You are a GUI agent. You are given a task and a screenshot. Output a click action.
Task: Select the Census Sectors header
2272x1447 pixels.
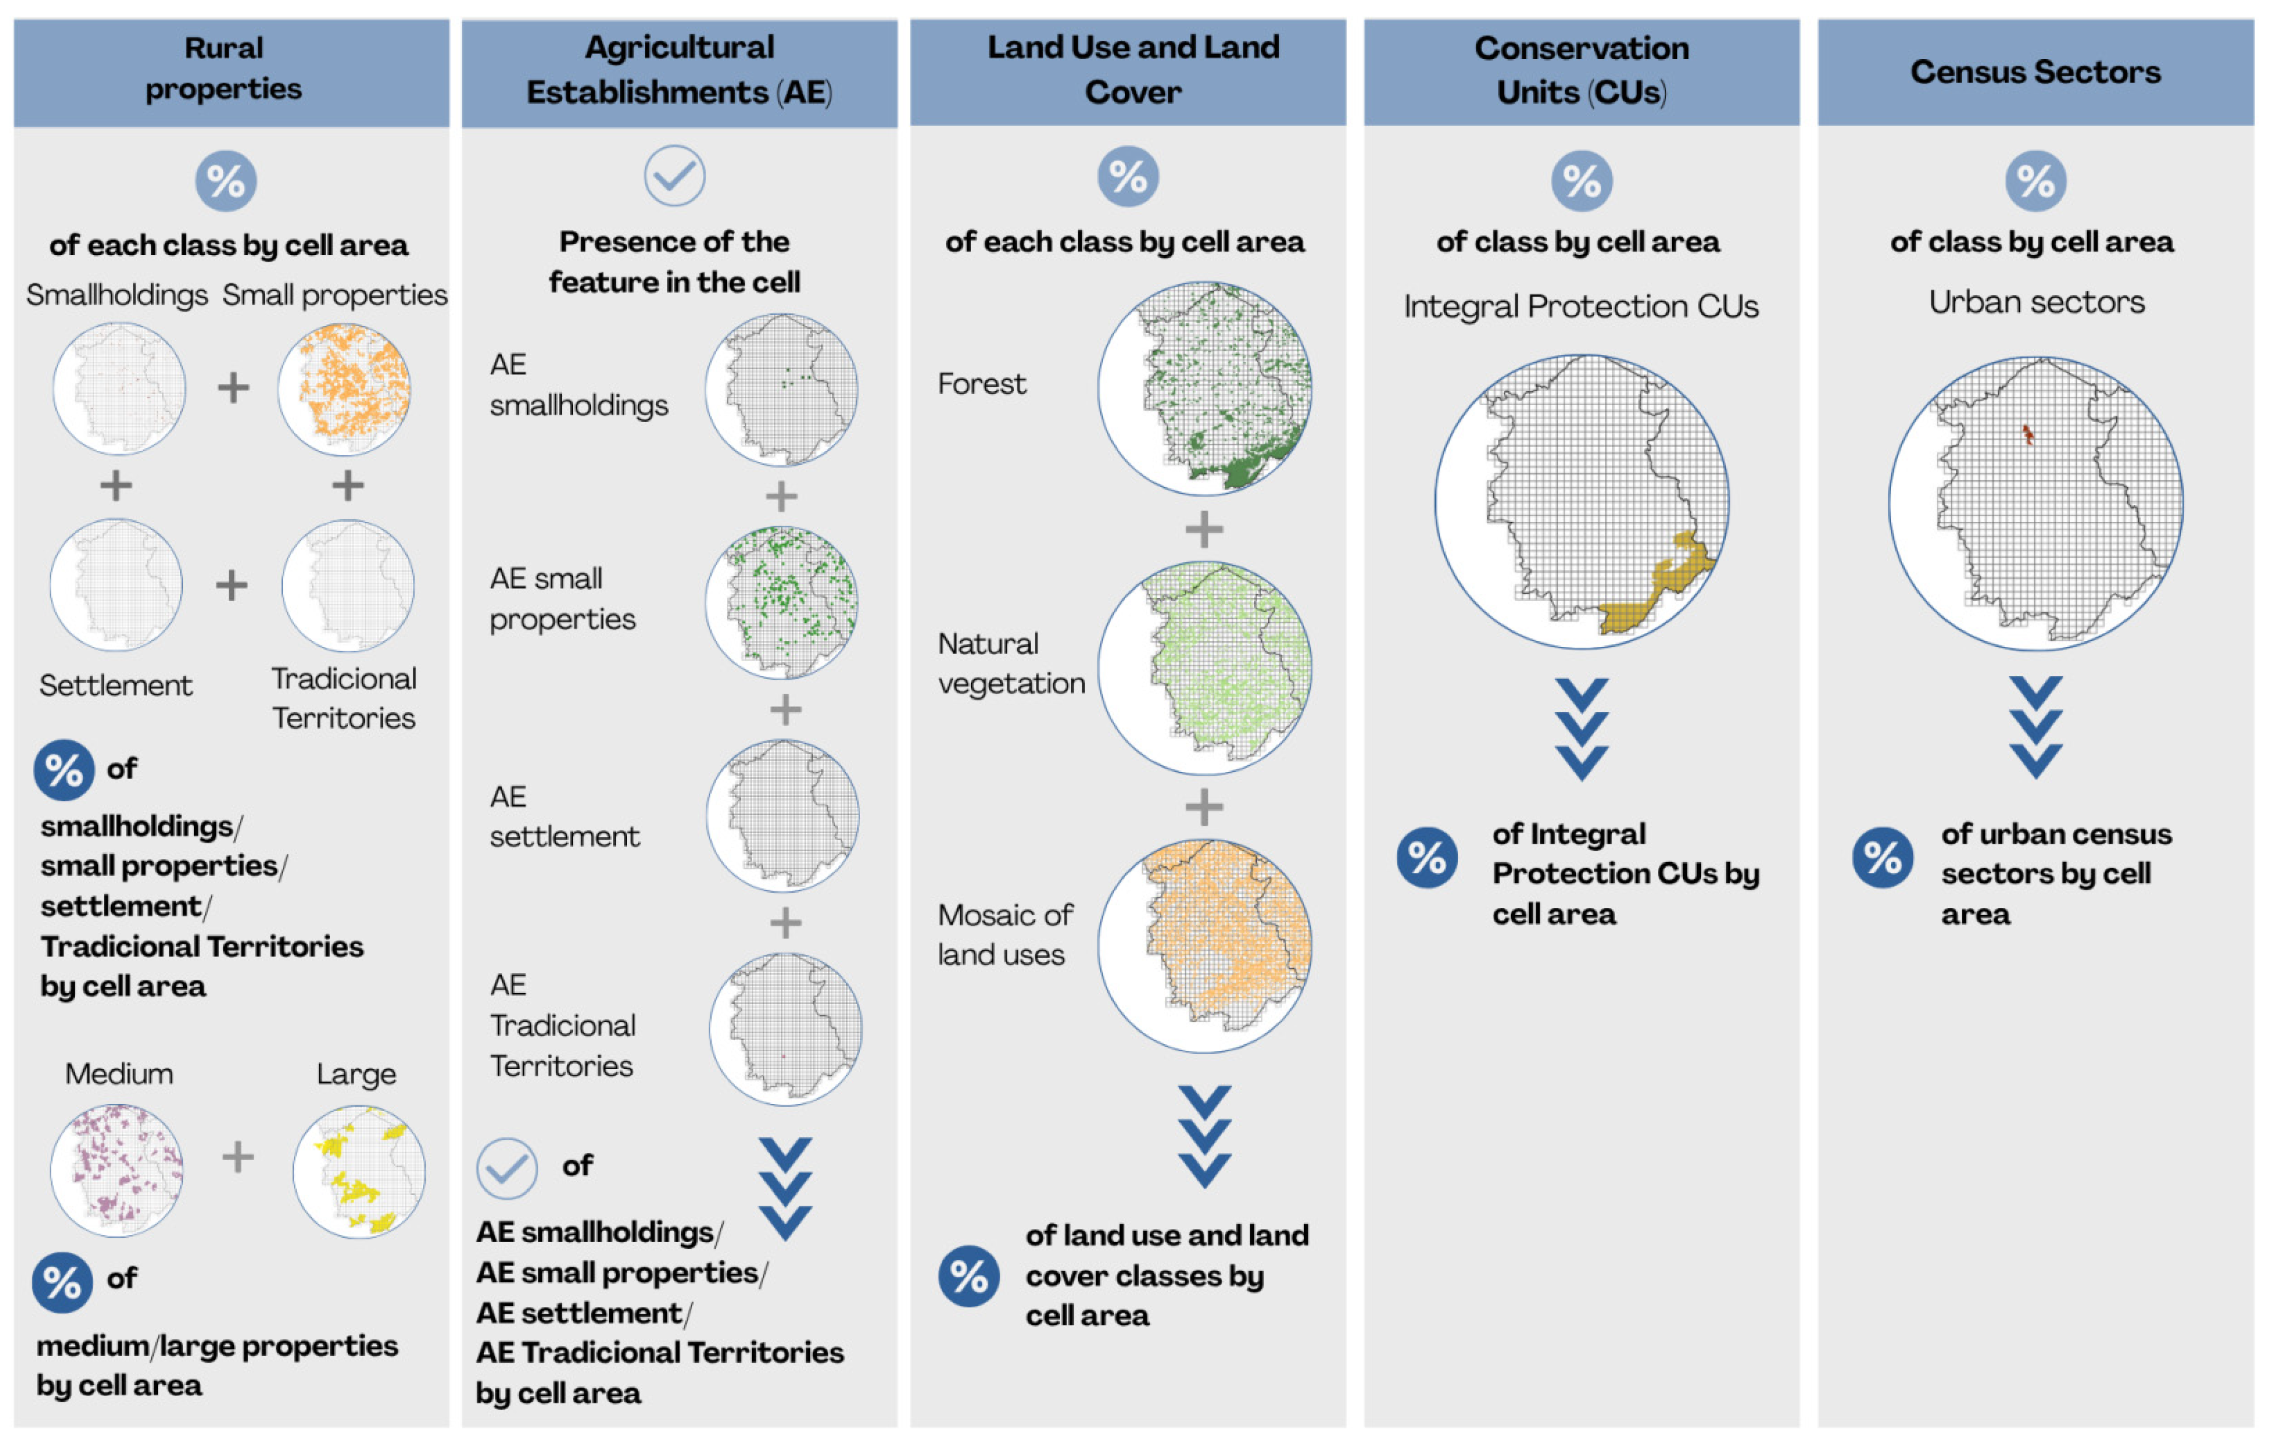2035,72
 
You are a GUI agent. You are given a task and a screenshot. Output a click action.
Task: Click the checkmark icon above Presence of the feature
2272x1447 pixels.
674,176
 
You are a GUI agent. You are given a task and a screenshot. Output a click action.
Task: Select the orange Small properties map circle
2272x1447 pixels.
344,389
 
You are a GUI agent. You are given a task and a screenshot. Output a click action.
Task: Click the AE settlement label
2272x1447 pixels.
563,816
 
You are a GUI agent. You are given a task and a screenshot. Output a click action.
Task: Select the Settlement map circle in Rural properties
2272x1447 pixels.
116,584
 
